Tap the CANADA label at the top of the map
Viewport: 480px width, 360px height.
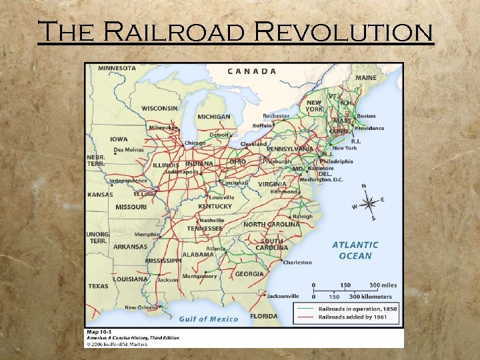[252, 71]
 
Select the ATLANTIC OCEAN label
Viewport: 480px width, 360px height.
[355, 250]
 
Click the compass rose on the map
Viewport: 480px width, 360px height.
[368, 202]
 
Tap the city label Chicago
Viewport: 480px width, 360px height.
[195, 143]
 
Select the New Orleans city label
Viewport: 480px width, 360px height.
[141, 307]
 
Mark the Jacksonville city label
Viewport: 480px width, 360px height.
[283, 295]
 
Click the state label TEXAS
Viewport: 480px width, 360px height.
[98, 286]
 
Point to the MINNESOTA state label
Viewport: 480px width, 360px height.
[117, 68]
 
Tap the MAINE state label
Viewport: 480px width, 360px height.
[365, 78]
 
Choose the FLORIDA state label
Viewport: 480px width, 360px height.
[264, 316]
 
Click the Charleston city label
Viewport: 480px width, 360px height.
[297, 262]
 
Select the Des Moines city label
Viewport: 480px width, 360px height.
[129, 150]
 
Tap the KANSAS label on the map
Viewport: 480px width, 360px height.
[100, 195]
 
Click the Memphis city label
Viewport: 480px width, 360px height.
[147, 234]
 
